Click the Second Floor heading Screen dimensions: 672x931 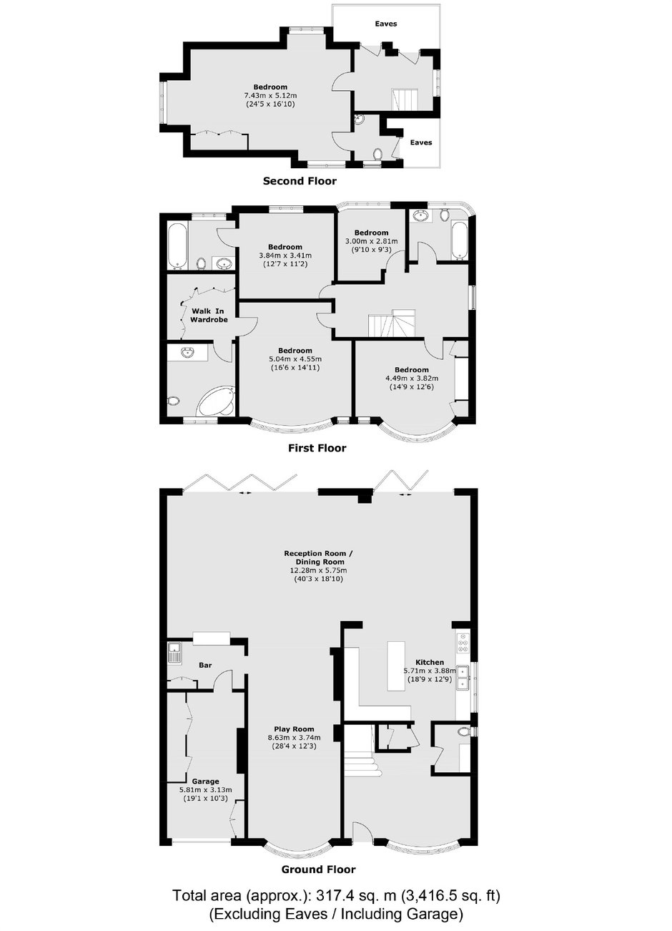point(300,181)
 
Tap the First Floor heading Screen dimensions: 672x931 point(317,448)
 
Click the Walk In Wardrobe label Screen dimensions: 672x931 point(209,316)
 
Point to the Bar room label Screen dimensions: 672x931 point(205,666)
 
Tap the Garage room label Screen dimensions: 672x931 point(206,781)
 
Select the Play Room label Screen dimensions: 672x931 point(294,729)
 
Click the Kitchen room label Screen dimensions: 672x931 point(430,662)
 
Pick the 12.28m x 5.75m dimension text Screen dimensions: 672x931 point(319,570)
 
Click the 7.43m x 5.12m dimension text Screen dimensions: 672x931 point(270,96)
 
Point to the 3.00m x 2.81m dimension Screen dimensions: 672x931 point(371,241)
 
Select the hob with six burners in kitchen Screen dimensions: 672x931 point(463,643)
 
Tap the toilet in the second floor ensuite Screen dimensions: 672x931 point(377,155)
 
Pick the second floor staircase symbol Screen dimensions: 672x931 point(404,99)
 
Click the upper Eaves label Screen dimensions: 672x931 point(386,24)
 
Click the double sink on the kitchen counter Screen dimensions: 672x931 point(463,678)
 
